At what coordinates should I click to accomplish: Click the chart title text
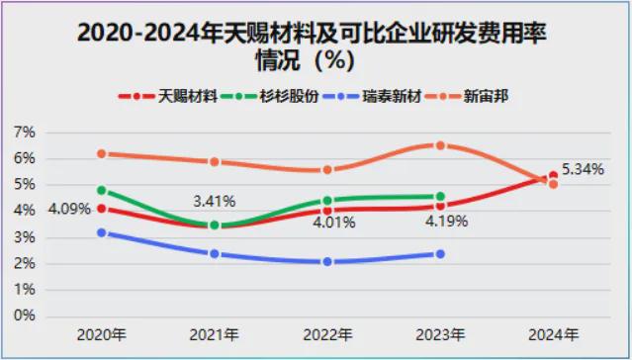312,46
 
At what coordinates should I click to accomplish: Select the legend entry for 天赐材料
168,96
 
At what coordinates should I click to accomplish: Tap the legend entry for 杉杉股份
270,96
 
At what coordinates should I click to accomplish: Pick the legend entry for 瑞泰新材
371,96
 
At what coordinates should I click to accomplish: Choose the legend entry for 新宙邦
467,96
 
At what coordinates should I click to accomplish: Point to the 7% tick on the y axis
25,133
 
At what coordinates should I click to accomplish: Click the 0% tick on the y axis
25,315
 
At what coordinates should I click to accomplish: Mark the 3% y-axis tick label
25,237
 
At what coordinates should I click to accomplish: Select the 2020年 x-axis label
102,334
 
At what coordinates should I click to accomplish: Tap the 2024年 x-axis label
554,334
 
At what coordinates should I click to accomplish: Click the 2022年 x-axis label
327,334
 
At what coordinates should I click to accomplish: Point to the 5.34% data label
583,169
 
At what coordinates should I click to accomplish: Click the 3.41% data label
215,201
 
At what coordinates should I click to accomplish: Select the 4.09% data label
69,209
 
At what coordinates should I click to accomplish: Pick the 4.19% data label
447,222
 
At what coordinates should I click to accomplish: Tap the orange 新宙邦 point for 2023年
440,145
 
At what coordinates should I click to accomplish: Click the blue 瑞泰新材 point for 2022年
327,262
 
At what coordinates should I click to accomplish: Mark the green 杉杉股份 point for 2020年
102,190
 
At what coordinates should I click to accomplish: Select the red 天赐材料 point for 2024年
554,175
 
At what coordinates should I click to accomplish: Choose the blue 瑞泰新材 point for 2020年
102,232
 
